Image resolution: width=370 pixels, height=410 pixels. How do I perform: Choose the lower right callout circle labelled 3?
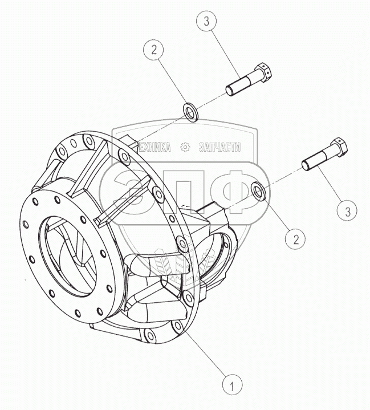tap(347, 212)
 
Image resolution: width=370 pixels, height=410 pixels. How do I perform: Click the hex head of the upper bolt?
tap(264, 72)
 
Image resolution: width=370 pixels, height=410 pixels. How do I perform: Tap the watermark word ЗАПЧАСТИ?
tap(219, 147)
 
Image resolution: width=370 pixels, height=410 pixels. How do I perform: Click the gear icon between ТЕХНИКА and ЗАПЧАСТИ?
tap(184, 147)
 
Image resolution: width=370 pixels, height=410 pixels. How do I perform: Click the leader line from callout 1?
tap(208, 354)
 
